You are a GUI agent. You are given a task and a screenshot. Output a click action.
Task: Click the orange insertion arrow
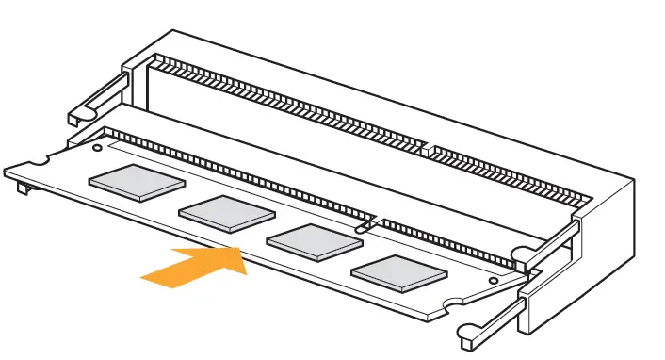[x=193, y=264]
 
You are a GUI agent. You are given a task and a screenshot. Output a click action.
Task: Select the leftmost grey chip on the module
[x=137, y=182]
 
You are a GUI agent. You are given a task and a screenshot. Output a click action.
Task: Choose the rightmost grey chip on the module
[x=399, y=271]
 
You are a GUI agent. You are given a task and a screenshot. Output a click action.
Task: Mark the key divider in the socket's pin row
[x=426, y=149]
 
